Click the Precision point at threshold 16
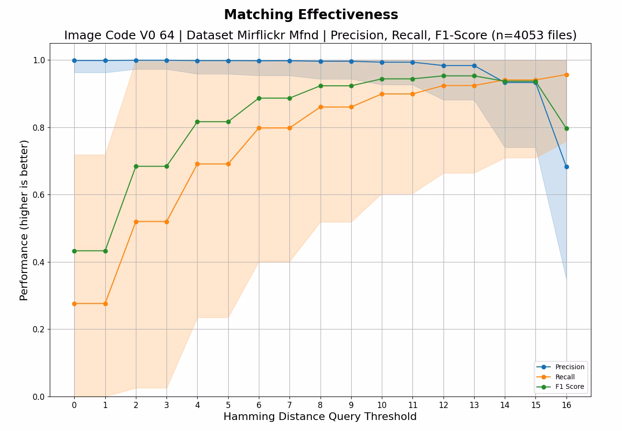(x=566, y=167)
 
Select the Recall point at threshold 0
(x=74, y=304)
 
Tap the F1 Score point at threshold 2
(x=136, y=166)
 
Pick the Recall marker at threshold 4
(x=197, y=164)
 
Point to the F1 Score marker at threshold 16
(x=566, y=128)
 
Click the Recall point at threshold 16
(x=566, y=75)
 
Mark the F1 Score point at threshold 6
(x=259, y=98)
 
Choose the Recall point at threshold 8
(x=321, y=107)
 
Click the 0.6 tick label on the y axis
(x=39, y=195)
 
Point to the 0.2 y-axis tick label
(x=39, y=329)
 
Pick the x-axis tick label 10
(x=382, y=405)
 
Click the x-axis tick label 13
(x=474, y=405)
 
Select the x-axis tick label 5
(x=228, y=405)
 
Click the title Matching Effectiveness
(x=311, y=15)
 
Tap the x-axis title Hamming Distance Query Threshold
(x=320, y=417)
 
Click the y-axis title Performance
(x=24, y=220)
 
